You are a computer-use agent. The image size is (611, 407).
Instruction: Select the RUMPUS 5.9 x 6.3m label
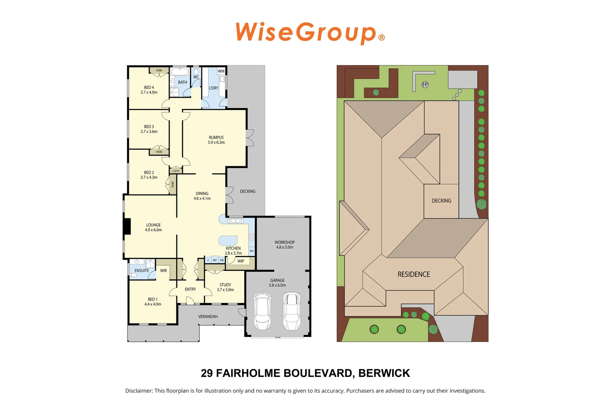216,140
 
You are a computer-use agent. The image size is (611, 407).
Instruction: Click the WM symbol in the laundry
221,71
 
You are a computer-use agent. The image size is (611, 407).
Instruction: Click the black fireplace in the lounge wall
127,226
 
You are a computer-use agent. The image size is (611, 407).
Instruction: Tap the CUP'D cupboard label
176,171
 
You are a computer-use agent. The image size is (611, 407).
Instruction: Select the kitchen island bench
228,240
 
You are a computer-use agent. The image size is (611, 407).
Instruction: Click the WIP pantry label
240,261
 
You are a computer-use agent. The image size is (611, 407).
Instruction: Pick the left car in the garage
262,311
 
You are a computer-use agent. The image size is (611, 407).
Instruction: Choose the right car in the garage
291,311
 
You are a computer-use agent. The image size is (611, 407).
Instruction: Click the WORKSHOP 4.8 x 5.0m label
285,245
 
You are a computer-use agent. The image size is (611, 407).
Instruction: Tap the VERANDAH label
208,317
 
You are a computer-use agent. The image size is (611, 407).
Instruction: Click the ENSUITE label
142,271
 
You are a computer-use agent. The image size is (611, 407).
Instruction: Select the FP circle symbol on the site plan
425,84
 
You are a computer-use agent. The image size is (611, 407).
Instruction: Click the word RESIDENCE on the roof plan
413,274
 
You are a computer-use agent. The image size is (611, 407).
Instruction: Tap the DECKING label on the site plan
441,201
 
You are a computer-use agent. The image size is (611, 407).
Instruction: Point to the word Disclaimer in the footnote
139,391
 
